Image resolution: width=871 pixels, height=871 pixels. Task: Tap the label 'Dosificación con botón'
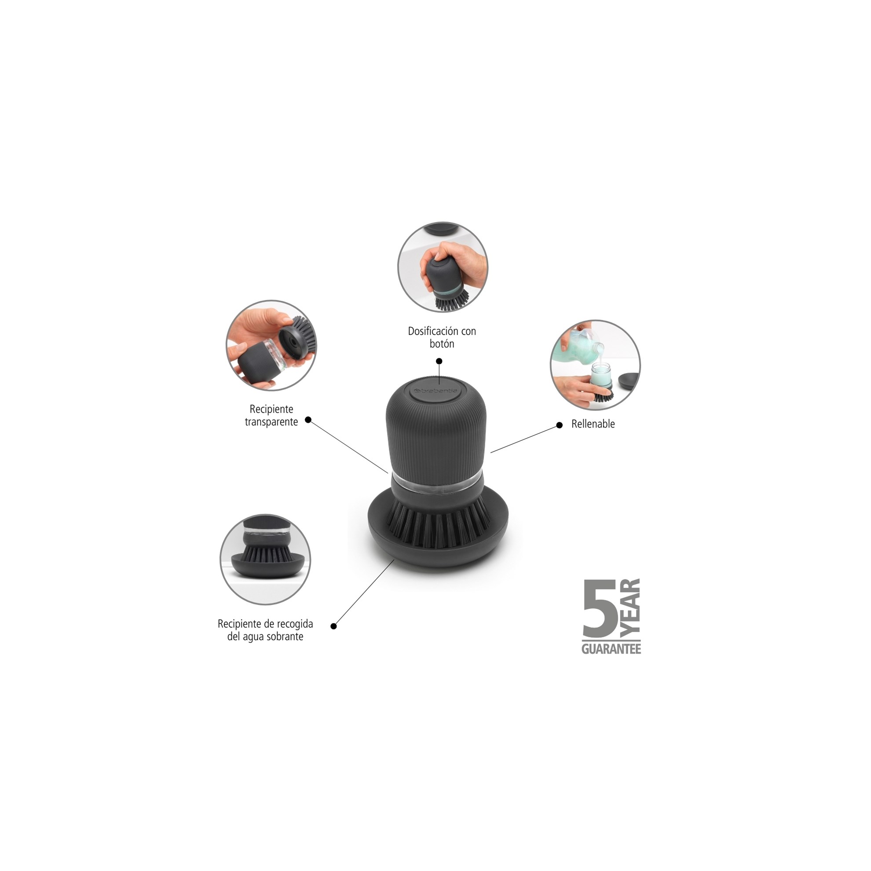tap(442, 337)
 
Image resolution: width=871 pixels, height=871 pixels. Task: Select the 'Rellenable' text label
tap(593, 424)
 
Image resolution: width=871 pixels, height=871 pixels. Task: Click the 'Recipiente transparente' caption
tap(271, 415)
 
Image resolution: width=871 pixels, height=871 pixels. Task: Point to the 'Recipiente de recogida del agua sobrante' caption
tap(265, 630)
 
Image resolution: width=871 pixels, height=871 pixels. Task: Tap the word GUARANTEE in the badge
tap(611, 649)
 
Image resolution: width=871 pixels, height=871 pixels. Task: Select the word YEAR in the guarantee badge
tap(630, 609)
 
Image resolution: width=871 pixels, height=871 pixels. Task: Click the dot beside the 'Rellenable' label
tap(560, 425)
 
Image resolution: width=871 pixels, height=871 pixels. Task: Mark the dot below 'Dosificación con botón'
tap(439, 361)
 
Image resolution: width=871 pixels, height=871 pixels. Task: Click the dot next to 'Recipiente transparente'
tap(308, 420)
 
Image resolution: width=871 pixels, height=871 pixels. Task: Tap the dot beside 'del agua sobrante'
tap(333, 626)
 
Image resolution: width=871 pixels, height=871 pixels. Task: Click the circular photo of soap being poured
tap(595, 365)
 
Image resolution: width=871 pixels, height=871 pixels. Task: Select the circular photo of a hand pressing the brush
tap(443, 267)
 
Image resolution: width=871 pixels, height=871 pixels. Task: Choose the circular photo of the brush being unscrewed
tap(271, 345)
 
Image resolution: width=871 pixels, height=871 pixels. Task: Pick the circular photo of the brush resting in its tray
tap(265, 560)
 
